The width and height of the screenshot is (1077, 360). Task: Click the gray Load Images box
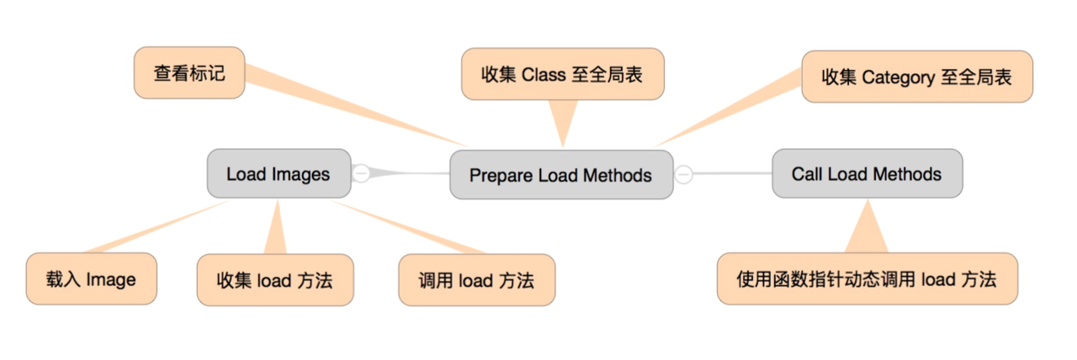279,173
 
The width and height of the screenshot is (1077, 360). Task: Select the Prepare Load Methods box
561,175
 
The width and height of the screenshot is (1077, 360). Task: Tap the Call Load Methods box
867,173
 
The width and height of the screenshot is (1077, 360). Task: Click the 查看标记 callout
189,73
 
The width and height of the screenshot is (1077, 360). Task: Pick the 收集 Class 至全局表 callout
563,74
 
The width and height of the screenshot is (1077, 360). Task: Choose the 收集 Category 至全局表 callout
917,77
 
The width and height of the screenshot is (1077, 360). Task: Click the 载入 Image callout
92,278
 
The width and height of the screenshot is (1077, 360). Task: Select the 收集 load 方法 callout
275,280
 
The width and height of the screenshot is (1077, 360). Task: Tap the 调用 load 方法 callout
476,280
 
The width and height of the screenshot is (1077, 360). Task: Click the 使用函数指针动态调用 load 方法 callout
867,278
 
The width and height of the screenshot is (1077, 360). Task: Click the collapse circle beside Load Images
361,173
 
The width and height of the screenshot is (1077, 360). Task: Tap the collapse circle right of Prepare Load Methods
684,174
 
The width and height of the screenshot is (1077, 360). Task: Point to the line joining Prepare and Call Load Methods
732,173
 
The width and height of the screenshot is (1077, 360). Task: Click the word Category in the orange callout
898,77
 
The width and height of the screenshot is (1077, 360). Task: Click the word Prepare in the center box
501,176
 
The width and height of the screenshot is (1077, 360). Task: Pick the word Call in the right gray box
807,174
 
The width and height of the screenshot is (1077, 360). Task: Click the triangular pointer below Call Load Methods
867,228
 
